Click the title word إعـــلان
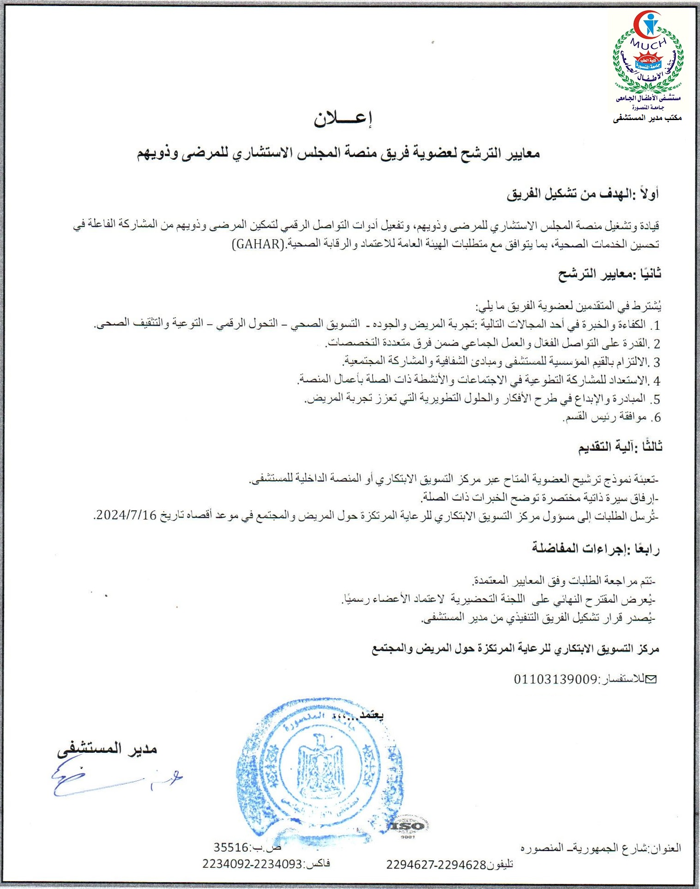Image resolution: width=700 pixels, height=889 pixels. click(x=343, y=119)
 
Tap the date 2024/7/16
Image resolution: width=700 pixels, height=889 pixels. click(x=125, y=516)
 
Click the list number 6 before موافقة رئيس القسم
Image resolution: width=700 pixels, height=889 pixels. click(x=656, y=417)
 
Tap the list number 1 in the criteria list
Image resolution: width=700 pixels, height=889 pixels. click(x=656, y=325)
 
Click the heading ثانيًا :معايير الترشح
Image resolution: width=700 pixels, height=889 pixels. click(x=609, y=274)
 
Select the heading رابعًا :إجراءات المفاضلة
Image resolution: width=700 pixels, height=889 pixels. click(x=596, y=548)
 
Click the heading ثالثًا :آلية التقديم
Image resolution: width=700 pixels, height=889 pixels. click(x=620, y=447)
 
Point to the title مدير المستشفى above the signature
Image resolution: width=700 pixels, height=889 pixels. click(x=107, y=749)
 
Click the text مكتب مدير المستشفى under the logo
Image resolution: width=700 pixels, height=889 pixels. click(x=647, y=119)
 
